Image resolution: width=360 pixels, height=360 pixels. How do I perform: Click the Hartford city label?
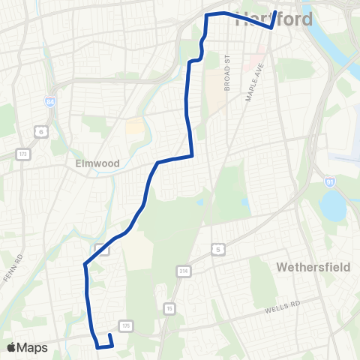pyautogui.click(x=274, y=19)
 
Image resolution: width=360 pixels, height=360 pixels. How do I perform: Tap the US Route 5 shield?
pyautogui.click(x=218, y=248)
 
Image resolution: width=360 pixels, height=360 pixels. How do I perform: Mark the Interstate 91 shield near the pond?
pyautogui.click(x=331, y=180)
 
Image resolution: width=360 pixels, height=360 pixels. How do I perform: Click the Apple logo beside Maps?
pyautogui.click(x=11, y=347)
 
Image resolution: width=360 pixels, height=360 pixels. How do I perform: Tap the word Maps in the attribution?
pyautogui.click(x=32, y=347)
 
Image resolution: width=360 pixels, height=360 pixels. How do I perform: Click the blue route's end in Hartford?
pyautogui.click(x=276, y=12)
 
